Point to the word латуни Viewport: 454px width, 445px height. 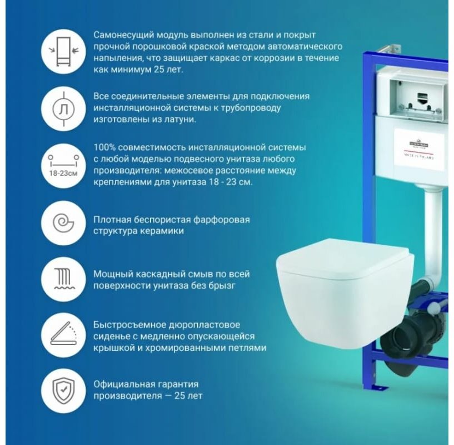tap(178, 119)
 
